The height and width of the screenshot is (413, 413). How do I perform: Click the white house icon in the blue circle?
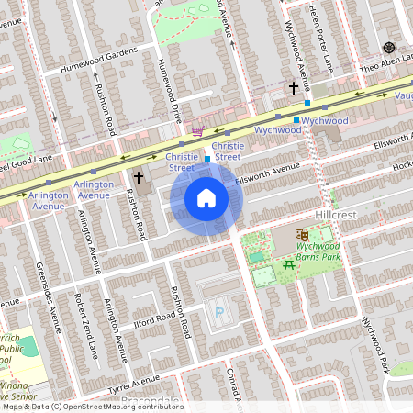coord(206,197)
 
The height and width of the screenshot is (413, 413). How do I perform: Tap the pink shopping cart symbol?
coord(197,131)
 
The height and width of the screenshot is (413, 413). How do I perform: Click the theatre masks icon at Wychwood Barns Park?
coord(300,236)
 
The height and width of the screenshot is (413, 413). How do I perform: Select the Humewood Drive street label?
coord(166,91)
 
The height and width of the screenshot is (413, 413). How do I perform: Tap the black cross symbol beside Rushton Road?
coord(140,177)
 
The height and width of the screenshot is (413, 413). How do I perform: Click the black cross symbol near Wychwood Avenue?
coord(294,89)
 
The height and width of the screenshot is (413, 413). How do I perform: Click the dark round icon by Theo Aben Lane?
coord(389,47)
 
